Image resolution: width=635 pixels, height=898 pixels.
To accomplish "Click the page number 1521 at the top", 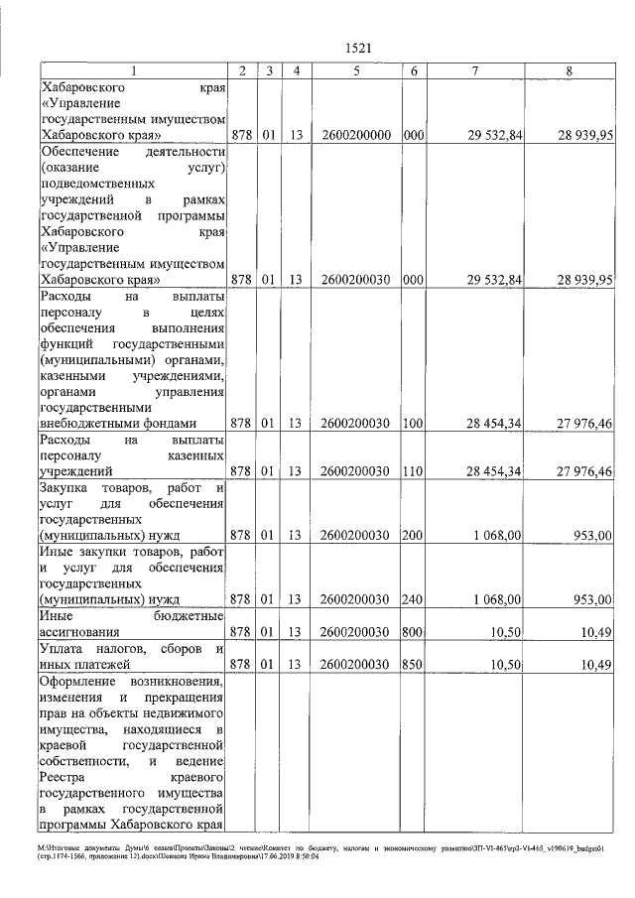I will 357,48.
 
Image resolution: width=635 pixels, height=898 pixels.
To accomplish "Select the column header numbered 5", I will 354,71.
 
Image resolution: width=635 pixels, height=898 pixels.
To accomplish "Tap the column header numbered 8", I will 569,71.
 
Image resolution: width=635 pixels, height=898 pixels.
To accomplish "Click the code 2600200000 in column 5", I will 354,134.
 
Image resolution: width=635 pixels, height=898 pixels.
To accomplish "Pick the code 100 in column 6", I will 414,423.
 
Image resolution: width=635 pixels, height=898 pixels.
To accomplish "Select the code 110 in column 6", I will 414,470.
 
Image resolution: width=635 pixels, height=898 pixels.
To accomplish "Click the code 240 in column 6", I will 414,599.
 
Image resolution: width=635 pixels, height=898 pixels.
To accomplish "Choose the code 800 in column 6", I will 414,631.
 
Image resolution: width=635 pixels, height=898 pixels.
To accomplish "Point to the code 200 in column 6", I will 414,535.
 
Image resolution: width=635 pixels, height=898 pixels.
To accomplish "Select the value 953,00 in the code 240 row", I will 592,599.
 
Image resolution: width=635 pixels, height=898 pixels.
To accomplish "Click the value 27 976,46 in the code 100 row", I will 583,423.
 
